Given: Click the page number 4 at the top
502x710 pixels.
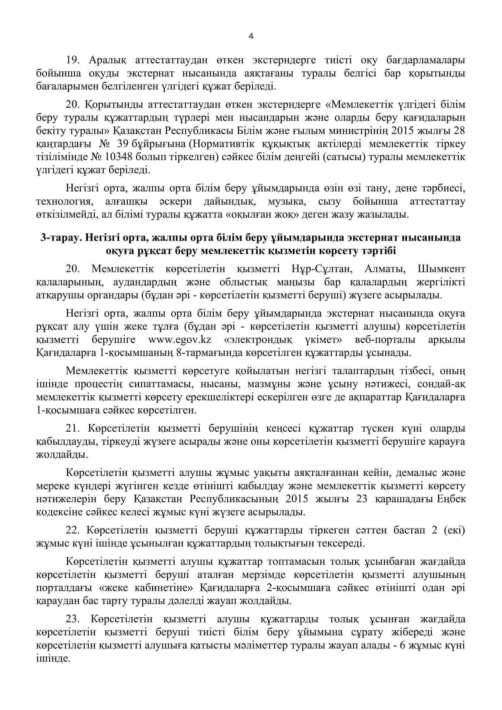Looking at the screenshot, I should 251,37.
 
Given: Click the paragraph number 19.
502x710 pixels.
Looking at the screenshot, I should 73,60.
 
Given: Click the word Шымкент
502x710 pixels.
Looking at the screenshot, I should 441,269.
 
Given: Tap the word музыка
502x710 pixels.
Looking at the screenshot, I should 287,201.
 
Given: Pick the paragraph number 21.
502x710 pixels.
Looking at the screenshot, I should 73,429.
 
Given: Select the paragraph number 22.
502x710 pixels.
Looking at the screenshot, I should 73,530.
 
